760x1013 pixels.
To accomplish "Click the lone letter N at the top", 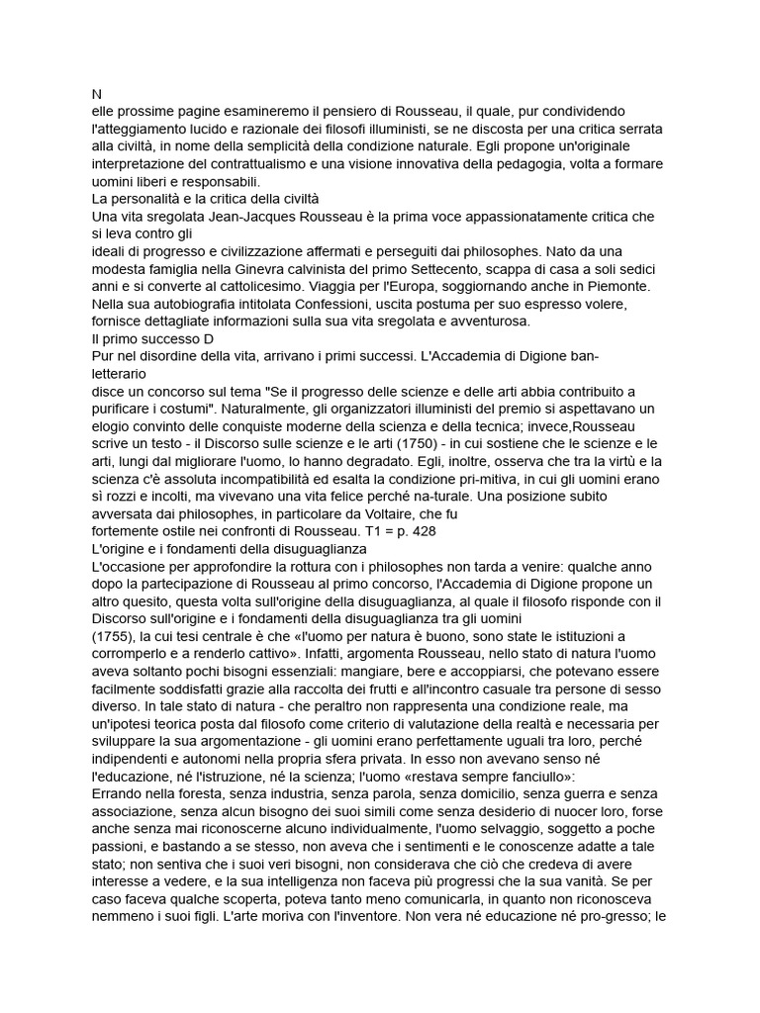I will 95,95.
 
